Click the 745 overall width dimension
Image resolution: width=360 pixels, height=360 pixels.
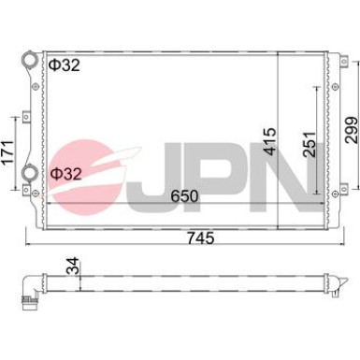201,238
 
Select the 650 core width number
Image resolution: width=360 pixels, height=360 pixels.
184,196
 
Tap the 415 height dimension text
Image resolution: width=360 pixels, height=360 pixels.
269,141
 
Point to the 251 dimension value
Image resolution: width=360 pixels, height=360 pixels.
310,144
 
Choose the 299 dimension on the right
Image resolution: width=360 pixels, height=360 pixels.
351,130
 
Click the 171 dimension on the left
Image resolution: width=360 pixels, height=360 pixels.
7,152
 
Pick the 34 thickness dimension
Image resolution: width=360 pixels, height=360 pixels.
73,266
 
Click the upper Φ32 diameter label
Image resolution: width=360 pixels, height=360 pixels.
65,65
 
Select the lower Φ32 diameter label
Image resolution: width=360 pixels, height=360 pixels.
65,174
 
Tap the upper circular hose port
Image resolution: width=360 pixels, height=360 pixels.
30,59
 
